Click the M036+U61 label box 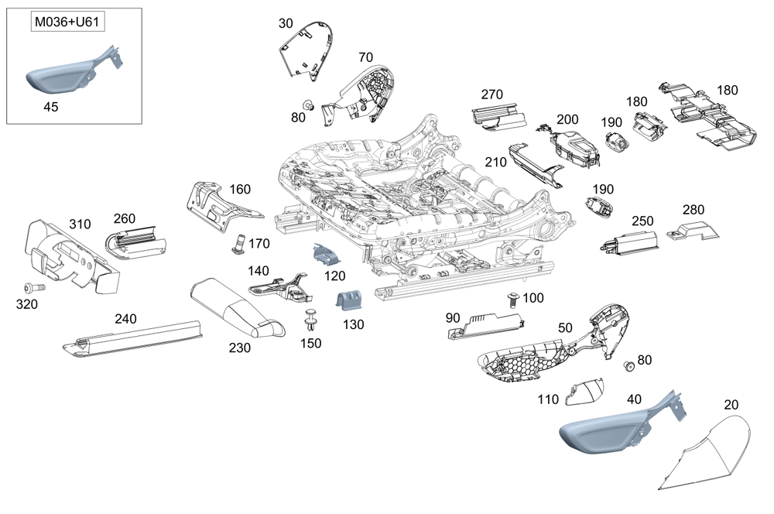point(67,22)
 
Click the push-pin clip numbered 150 point(310,320)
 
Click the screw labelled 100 point(514,300)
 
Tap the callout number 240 point(126,319)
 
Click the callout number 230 point(239,348)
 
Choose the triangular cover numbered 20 point(705,453)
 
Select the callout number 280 point(693,210)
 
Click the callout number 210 point(495,163)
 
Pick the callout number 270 point(491,94)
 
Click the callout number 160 point(240,190)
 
